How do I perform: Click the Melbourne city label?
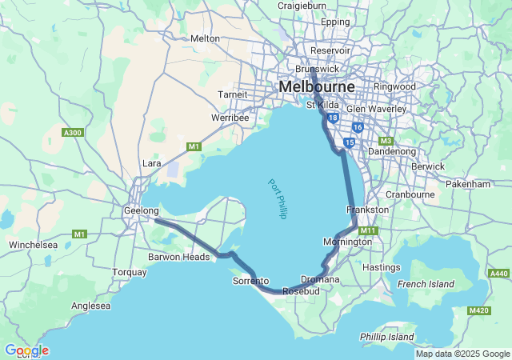coord(316,86)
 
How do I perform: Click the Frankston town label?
coord(367,209)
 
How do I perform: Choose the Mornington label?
coord(347,242)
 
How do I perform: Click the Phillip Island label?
coord(386,337)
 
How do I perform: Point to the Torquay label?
coord(129,272)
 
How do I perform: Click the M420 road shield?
coord(479,310)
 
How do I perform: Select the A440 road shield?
coord(498,274)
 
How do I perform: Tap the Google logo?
coord(26,350)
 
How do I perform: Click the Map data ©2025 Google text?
coord(462,354)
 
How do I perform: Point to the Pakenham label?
coord(469,184)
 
